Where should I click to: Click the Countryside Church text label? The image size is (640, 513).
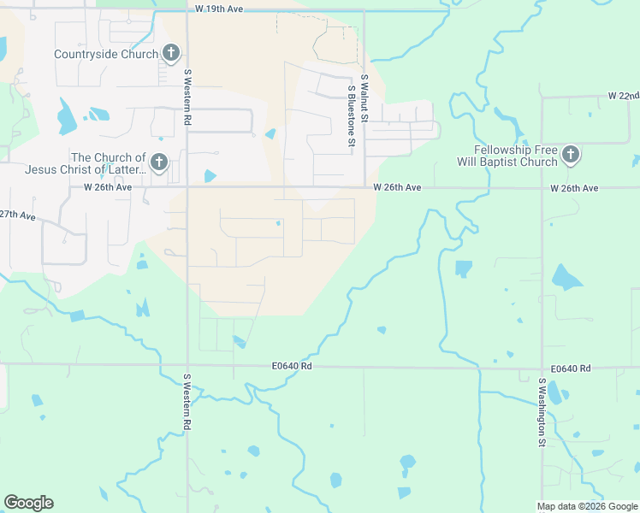(x=105, y=54)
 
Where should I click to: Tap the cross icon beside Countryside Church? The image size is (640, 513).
(x=171, y=54)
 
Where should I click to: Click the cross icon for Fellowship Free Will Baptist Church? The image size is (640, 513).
(x=571, y=155)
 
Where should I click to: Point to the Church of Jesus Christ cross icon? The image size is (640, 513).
(x=158, y=162)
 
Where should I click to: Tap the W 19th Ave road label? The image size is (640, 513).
(x=219, y=8)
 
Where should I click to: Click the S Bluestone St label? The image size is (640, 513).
(x=351, y=116)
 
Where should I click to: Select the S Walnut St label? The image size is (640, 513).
(x=364, y=95)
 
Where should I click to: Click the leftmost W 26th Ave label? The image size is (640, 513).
(x=107, y=187)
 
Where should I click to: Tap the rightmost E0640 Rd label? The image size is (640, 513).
(x=571, y=369)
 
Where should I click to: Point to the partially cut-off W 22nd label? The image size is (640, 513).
(x=623, y=95)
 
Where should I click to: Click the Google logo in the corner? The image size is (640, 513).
(x=28, y=503)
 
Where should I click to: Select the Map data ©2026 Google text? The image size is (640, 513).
(x=587, y=506)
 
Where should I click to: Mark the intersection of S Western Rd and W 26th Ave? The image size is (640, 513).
(x=187, y=187)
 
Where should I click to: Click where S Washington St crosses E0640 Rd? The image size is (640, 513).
(x=542, y=369)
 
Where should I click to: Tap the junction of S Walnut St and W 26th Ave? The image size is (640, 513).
(x=365, y=187)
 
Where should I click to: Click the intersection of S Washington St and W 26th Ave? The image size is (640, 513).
(x=542, y=187)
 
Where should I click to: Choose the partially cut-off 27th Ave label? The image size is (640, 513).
(x=18, y=215)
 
